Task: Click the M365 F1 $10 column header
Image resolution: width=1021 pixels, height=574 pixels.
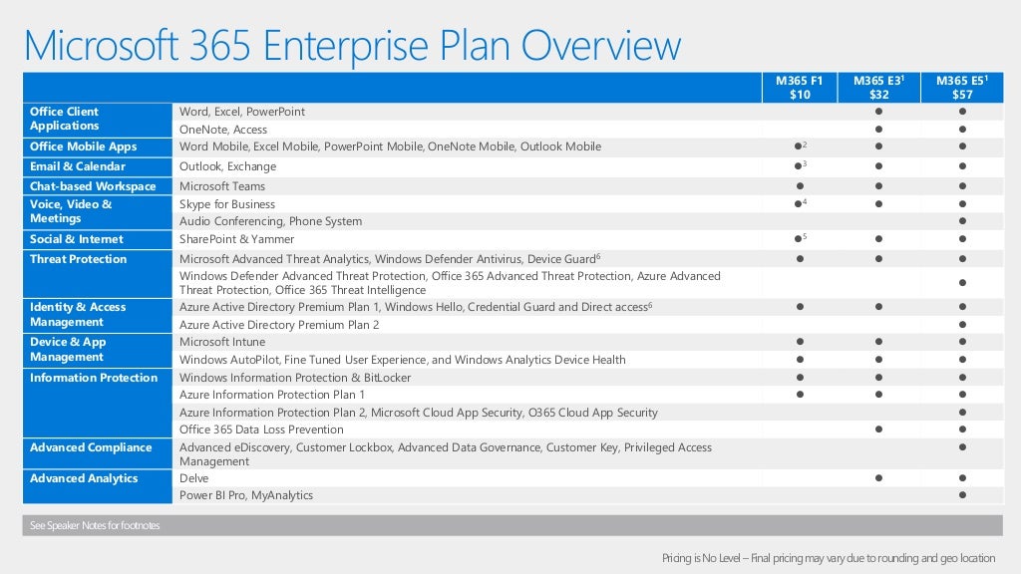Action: pyautogui.click(x=800, y=87)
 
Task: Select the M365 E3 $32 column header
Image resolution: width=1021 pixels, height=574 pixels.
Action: pyautogui.click(x=878, y=87)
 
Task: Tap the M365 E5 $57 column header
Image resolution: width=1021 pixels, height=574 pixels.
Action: pyautogui.click(x=962, y=87)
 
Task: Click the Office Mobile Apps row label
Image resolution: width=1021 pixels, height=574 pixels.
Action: pyautogui.click(x=83, y=146)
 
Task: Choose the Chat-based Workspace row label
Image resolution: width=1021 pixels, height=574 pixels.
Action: pyautogui.click(x=93, y=186)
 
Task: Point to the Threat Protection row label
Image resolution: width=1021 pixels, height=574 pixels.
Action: pyautogui.click(x=78, y=259)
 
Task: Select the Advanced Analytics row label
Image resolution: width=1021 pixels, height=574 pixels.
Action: pyautogui.click(x=84, y=478)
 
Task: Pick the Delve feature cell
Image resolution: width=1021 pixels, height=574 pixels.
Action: pyautogui.click(x=193, y=478)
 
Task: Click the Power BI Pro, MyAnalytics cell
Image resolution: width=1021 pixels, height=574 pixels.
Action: pyautogui.click(x=245, y=495)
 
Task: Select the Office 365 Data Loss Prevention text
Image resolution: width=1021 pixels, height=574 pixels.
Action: pyautogui.click(x=261, y=430)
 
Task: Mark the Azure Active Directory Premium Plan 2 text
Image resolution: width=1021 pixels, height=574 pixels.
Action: pyautogui.click(x=279, y=325)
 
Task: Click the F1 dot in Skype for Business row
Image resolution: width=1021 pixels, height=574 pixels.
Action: pyautogui.click(x=799, y=204)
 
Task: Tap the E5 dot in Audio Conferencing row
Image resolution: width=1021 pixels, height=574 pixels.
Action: pyautogui.click(x=962, y=221)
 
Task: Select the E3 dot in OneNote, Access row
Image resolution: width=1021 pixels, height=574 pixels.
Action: pyautogui.click(x=878, y=130)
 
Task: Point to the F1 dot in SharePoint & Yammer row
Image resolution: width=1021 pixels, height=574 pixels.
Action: pyautogui.click(x=799, y=239)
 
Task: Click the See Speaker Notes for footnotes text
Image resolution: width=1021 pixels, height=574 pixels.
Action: pyautogui.click(x=95, y=525)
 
